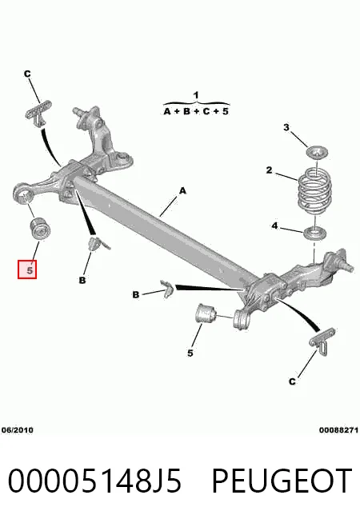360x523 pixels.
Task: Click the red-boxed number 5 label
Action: [x=27, y=269]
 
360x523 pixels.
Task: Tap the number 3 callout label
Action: [x=286, y=127]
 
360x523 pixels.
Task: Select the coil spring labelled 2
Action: [x=314, y=190]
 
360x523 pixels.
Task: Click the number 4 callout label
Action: [x=274, y=226]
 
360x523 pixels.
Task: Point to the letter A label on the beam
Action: [x=182, y=191]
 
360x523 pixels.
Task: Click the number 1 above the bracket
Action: [x=196, y=95]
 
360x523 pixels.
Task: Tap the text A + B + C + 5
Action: [x=196, y=111]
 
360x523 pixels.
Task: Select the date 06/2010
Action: [x=18, y=430]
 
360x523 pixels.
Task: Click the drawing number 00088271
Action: [x=338, y=430]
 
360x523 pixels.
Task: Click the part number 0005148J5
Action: [x=94, y=481]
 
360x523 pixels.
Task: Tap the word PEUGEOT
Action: [x=282, y=481]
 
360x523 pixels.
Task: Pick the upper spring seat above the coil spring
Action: [x=317, y=153]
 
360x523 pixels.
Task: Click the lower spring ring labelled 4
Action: [x=315, y=234]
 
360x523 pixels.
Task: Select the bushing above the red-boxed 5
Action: [x=39, y=228]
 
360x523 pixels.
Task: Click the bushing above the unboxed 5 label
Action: [x=206, y=313]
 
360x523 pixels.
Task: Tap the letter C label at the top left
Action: [x=27, y=74]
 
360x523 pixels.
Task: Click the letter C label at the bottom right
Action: [x=292, y=381]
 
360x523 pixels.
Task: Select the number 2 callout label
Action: [x=269, y=170]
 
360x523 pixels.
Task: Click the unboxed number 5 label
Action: [x=190, y=353]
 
